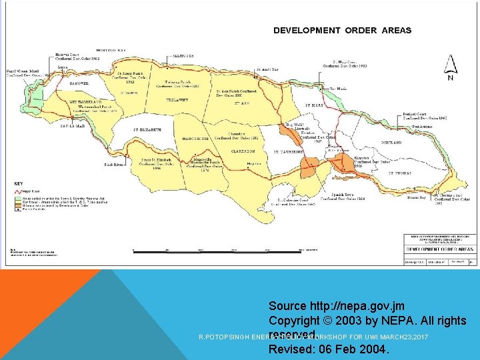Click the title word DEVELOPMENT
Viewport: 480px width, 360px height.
(x=305, y=30)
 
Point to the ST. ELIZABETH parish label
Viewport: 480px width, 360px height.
(x=147, y=129)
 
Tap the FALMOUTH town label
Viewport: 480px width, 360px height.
(x=182, y=56)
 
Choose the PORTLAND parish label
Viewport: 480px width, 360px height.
(x=392, y=143)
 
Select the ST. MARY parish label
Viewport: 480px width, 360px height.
(x=315, y=105)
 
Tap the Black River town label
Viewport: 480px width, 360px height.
(x=114, y=164)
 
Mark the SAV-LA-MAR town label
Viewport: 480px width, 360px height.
(x=73, y=125)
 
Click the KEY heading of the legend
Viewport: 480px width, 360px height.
(x=19, y=184)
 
